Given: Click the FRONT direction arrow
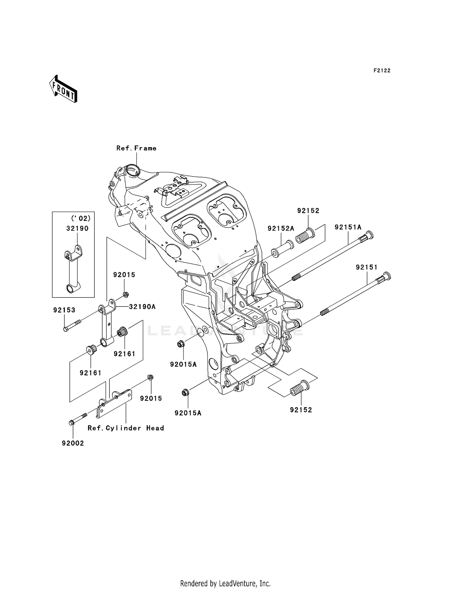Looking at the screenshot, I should (x=63, y=89).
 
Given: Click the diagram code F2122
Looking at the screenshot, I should (x=382, y=71).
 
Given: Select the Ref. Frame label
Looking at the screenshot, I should (x=136, y=148).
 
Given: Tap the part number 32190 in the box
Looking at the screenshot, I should (x=77, y=228).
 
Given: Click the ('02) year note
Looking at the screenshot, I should (x=81, y=218).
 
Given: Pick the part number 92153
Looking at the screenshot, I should (x=64, y=310).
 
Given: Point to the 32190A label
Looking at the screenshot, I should (x=142, y=307).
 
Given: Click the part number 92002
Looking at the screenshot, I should (x=73, y=443).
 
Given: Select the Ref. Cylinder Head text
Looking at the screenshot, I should (x=126, y=428).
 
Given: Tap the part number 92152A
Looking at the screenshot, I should (x=281, y=229).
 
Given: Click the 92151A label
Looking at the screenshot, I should (x=348, y=227).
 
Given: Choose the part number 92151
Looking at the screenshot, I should (x=367, y=267).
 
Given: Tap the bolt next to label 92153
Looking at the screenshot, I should (x=72, y=325).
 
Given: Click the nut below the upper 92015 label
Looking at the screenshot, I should (x=126, y=294).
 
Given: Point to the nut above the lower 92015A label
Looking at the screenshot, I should (x=185, y=392).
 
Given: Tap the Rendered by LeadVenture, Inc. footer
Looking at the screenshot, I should (x=225, y=583).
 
